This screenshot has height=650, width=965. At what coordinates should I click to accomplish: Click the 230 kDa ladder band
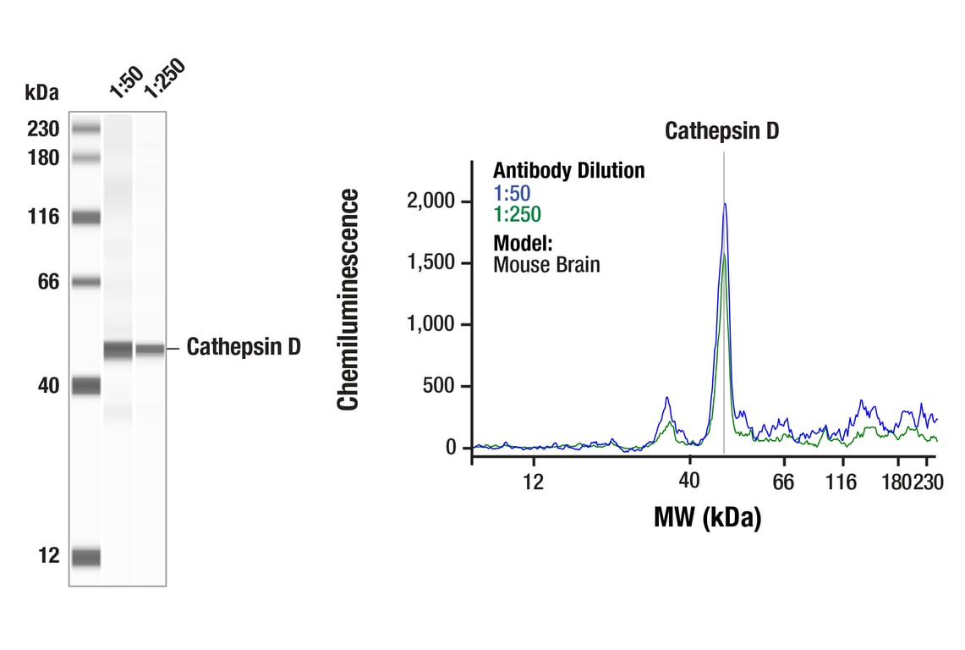click(x=85, y=129)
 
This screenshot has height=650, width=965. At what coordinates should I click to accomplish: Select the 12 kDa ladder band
click(x=85, y=557)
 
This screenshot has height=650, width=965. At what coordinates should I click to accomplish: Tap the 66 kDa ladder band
click(x=85, y=282)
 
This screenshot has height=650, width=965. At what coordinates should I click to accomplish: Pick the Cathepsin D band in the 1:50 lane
click(x=118, y=349)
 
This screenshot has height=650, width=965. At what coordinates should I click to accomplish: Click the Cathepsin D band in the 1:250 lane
click(x=150, y=349)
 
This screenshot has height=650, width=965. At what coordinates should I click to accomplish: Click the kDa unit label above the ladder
click(x=42, y=92)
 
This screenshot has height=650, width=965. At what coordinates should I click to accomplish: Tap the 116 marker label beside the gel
click(x=43, y=218)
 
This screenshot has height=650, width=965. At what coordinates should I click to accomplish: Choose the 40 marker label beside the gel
click(x=48, y=386)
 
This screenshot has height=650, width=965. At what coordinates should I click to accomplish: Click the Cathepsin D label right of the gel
click(x=244, y=347)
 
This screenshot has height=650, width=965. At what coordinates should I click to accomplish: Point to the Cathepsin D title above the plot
click(x=721, y=131)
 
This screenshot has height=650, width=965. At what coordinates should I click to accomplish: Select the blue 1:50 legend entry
click(x=512, y=193)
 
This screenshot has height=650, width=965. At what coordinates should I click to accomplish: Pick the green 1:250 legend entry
click(x=517, y=214)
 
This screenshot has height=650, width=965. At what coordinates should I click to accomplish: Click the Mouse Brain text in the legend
click(x=546, y=264)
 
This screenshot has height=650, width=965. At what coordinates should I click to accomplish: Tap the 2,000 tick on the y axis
click(x=431, y=201)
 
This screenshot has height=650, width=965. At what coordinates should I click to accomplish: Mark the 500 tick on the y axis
click(x=440, y=387)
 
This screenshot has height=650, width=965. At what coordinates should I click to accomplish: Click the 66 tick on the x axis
click(x=784, y=482)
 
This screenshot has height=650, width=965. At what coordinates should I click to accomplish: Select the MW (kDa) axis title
click(x=707, y=516)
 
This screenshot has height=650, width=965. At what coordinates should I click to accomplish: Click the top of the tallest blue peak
click(x=725, y=204)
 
